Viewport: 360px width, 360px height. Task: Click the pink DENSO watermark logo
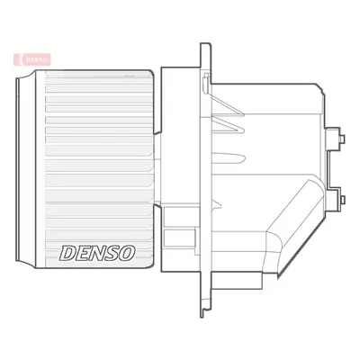click(32, 59)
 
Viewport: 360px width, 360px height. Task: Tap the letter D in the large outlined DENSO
click(67, 253)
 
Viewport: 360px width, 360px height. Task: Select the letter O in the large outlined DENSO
click(127, 253)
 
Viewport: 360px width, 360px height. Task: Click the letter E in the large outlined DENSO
click(81, 253)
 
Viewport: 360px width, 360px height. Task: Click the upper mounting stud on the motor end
click(342, 139)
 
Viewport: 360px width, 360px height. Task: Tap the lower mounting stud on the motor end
click(342, 200)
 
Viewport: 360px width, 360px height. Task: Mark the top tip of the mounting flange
click(205, 44)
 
